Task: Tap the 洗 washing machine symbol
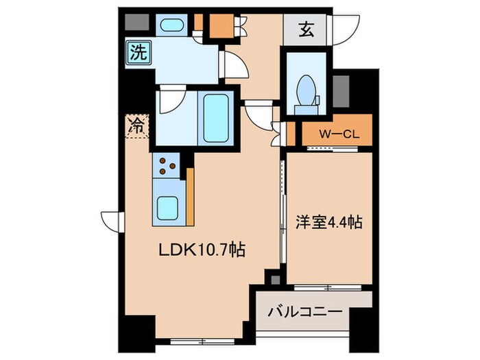(x=137, y=53)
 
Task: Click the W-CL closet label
(x=336, y=134)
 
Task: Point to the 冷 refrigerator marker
(x=136, y=125)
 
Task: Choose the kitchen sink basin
(x=167, y=206)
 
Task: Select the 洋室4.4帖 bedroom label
(x=328, y=222)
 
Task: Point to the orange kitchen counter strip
(x=191, y=195)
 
